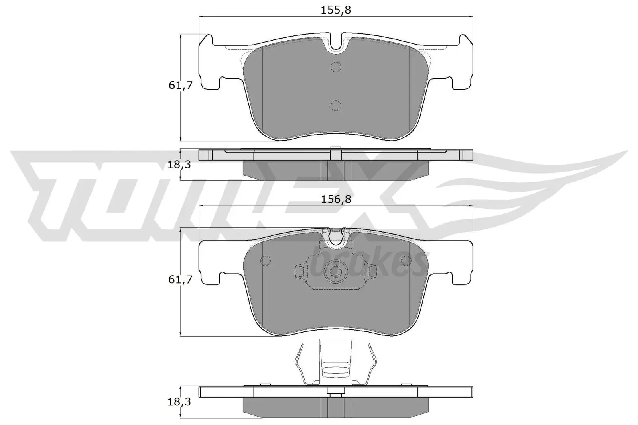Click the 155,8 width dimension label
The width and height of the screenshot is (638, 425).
336,10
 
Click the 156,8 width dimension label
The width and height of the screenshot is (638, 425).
336,200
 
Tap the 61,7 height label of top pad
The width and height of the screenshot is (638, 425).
181,85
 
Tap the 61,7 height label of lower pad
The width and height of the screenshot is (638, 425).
181,280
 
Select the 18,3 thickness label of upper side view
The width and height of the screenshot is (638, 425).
179,164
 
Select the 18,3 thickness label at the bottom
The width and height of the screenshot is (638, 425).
179,402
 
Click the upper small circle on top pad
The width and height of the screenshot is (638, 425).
336,67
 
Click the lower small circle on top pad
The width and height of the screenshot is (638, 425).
336,105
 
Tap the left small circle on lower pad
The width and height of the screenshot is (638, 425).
265,260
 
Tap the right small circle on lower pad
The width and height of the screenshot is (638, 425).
406,260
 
